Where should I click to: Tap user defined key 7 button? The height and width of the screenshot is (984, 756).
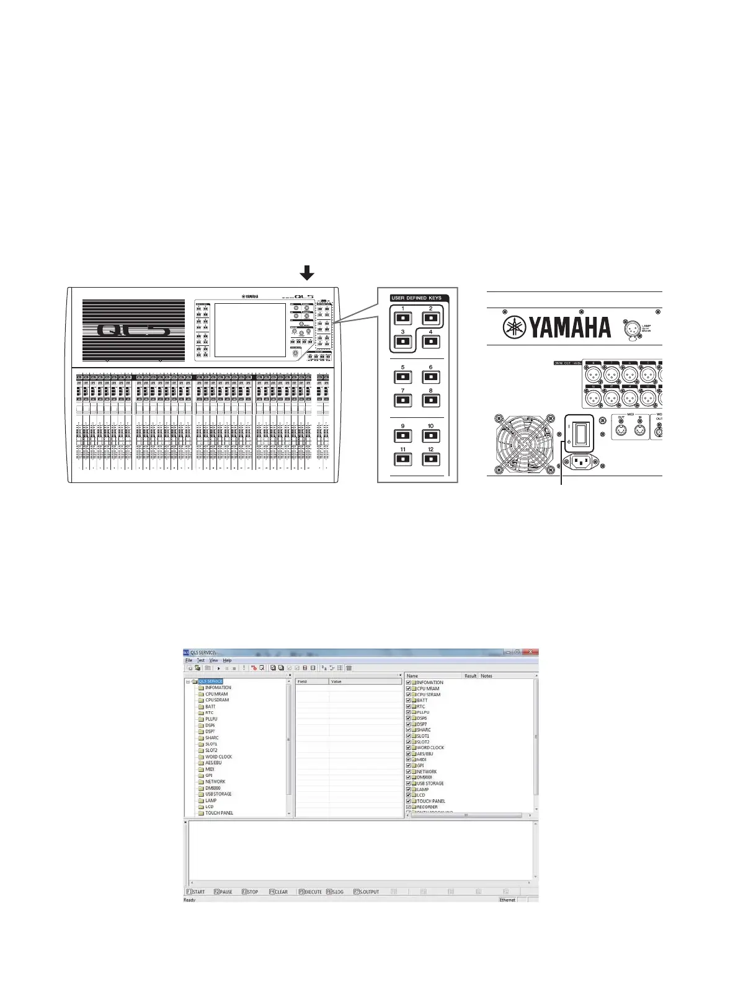(x=402, y=401)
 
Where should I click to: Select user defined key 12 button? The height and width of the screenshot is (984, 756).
(x=430, y=459)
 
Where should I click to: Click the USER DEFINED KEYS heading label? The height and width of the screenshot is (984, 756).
(x=416, y=298)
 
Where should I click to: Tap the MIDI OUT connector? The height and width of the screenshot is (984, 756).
(x=621, y=432)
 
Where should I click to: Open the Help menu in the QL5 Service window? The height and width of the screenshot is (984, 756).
(x=227, y=660)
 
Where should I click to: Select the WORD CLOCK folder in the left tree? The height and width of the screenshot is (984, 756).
(x=218, y=756)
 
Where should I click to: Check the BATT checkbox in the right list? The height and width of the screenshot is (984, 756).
(x=408, y=701)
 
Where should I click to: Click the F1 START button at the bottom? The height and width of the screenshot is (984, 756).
(x=195, y=892)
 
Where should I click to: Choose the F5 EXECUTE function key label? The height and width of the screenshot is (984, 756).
(x=310, y=892)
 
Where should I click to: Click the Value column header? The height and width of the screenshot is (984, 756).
(x=336, y=681)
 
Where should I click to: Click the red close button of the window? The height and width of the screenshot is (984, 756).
(x=531, y=652)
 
